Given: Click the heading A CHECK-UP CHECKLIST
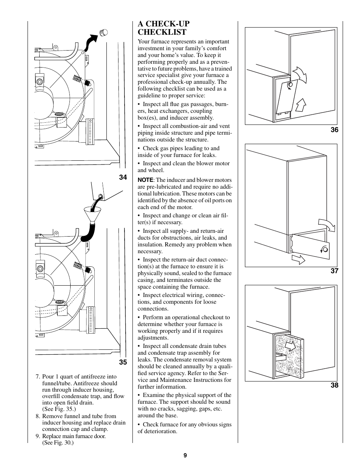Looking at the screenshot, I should click(163, 28).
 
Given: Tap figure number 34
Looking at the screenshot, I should click(123, 177).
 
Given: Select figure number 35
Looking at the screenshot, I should click(123, 362).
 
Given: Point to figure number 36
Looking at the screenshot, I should click(334, 130).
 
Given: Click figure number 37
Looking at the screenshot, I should click(334, 271).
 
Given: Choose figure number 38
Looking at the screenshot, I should click(334, 385).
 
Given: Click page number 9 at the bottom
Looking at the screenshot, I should click(185, 455).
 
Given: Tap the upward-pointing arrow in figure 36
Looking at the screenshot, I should click(301, 104).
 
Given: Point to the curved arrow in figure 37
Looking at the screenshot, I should click(327, 224).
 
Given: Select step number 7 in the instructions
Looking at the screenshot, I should click(37, 377).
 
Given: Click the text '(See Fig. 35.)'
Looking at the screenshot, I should click(59, 409).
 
